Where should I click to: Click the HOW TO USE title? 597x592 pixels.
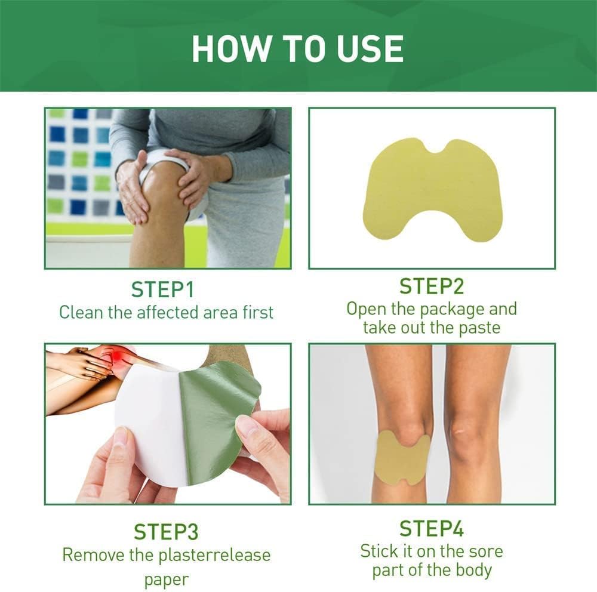(297, 48)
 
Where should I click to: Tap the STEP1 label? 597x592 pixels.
(162, 289)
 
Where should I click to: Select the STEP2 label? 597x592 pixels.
(432, 286)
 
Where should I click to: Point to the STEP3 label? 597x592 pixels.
(166, 532)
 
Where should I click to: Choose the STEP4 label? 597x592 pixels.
(432, 528)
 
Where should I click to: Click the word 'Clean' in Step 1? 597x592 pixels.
(81, 313)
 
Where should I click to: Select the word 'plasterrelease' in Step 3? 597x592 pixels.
(214, 555)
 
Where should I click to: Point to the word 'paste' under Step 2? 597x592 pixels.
(479, 328)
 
